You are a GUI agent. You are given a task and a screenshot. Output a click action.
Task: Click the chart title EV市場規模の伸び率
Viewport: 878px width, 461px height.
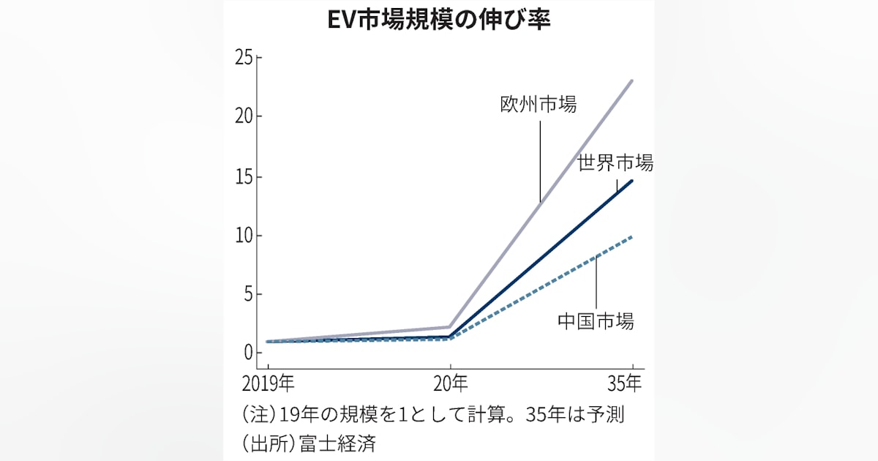pos(438,20)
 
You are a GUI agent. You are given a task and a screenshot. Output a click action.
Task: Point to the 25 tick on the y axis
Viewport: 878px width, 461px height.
pos(244,58)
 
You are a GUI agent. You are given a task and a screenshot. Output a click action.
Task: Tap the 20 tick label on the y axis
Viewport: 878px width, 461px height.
pos(244,117)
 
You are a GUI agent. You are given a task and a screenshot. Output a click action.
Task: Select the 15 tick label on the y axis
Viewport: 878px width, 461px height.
pos(244,176)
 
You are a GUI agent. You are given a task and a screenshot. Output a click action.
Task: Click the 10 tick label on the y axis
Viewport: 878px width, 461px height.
pos(244,236)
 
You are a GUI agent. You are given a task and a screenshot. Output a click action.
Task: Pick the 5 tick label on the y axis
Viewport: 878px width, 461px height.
pos(248,295)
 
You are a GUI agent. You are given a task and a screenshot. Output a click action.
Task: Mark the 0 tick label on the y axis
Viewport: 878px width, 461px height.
pos(248,353)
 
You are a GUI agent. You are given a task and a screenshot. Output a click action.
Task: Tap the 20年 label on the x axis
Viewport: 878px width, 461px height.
pos(449,383)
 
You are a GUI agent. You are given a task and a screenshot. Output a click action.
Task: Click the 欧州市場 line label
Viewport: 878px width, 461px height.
pos(538,104)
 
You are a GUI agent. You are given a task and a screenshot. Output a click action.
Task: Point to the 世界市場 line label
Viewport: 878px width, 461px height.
pos(615,162)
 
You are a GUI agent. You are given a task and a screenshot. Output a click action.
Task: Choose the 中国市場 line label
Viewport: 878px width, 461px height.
pos(596,321)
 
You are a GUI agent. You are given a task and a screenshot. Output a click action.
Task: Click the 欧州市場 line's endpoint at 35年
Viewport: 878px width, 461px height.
pos(632,80)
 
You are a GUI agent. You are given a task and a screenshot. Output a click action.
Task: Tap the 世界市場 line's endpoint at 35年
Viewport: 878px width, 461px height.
pos(632,180)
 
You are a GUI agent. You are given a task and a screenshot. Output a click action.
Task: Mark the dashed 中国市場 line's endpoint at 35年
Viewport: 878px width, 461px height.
pos(631,236)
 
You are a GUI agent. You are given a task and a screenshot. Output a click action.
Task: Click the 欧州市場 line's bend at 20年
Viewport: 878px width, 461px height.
pos(449,326)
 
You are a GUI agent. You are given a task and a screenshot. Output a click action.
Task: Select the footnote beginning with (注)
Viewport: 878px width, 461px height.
pos(432,414)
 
